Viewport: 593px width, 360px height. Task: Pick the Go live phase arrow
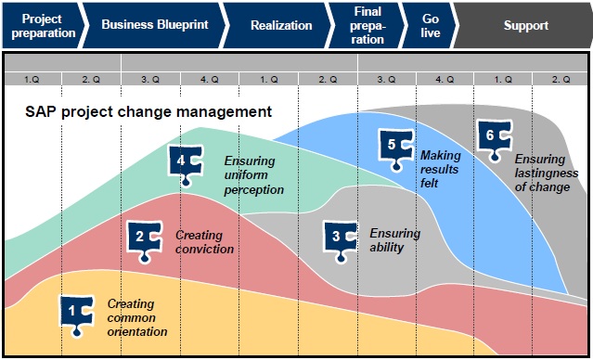pos(430,25)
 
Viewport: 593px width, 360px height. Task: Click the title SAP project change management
pos(148,112)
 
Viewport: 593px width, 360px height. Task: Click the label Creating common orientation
pos(137,317)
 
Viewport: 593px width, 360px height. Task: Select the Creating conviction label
pos(204,242)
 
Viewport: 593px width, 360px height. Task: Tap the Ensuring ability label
pos(394,240)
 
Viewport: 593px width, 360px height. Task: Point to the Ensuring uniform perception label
pos(253,175)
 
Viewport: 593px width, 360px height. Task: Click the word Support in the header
pos(525,25)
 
